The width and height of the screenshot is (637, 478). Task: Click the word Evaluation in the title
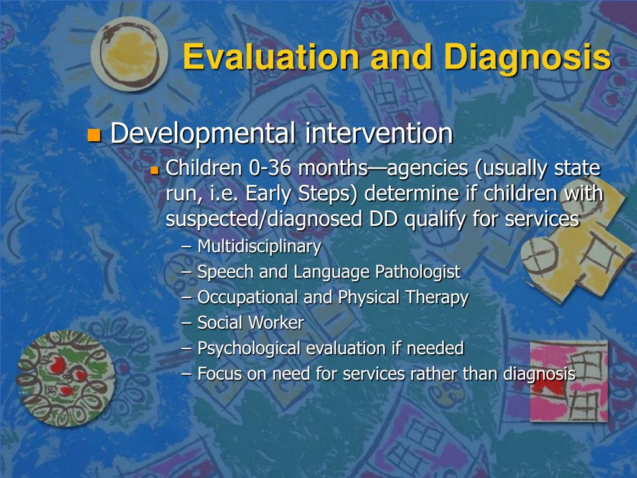pos(271,57)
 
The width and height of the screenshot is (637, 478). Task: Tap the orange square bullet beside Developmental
pos(94,135)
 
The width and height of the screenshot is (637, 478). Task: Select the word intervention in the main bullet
pos(379,133)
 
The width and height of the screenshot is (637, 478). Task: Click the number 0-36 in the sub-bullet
pos(270,168)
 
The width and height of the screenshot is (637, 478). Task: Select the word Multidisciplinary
pos(259,246)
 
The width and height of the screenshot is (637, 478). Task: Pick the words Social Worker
pos(250,323)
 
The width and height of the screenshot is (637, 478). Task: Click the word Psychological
pos(249,349)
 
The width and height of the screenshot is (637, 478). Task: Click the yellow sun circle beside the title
pos(129,54)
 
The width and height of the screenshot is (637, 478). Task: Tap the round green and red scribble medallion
pos(65,378)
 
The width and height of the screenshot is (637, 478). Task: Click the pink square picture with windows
pos(569,382)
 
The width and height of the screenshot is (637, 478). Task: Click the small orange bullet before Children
pos(154,170)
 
